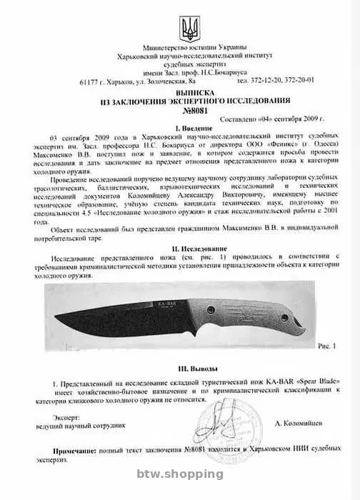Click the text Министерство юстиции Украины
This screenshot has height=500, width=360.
[x=182, y=45]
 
